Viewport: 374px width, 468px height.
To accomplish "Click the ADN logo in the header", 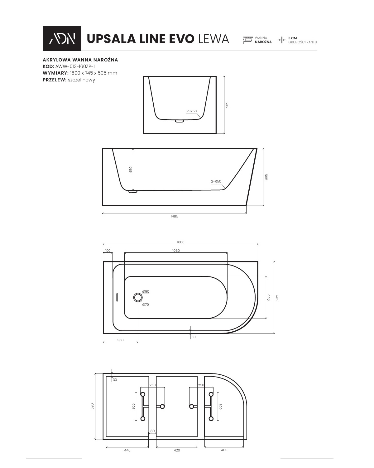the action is (x=62, y=38).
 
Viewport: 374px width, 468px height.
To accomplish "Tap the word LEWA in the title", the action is (x=213, y=39).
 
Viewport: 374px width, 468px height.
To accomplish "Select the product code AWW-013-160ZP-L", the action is (x=75, y=66).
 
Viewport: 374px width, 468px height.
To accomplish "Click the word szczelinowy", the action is (x=81, y=80).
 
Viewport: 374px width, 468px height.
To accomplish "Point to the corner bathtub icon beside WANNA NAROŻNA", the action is (x=247, y=40).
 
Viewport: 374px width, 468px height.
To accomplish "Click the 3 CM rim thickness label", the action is (x=293, y=38).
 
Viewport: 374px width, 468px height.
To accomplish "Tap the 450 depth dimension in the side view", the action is (x=131, y=170).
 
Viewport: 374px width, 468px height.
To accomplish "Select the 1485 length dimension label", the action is (x=174, y=216).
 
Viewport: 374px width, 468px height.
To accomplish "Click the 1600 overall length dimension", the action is (x=180, y=242).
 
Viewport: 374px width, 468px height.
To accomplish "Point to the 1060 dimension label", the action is (x=176, y=251).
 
